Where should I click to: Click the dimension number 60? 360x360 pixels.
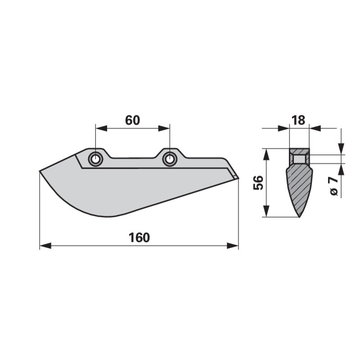[132, 120]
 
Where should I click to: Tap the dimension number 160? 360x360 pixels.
[139, 238]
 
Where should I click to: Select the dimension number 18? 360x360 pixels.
[299, 120]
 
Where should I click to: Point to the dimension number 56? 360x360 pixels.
[258, 183]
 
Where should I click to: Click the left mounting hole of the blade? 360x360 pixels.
[95, 159]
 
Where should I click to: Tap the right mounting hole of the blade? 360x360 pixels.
[170, 159]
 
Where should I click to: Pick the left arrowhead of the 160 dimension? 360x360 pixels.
[45, 246]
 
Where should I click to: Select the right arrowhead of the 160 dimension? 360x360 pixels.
[233, 246]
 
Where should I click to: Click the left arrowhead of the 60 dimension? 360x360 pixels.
[101, 129]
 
